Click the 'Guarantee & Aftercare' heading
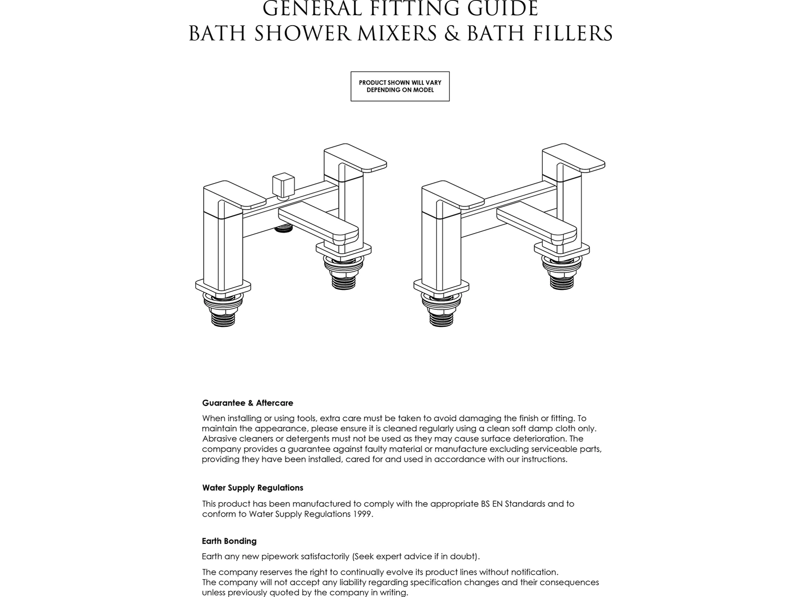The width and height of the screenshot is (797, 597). point(248,403)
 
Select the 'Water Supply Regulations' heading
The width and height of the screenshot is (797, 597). point(253,488)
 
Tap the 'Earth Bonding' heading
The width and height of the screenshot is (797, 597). point(229,541)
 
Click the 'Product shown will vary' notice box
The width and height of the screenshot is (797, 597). point(400,86)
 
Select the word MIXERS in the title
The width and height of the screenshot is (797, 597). point(397,34)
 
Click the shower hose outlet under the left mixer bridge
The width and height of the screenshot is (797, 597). point(283,228)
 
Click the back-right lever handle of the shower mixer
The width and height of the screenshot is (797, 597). point(355,158)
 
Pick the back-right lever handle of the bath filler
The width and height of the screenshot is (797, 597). point(574,158)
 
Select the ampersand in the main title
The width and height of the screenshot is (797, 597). point(452,34)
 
